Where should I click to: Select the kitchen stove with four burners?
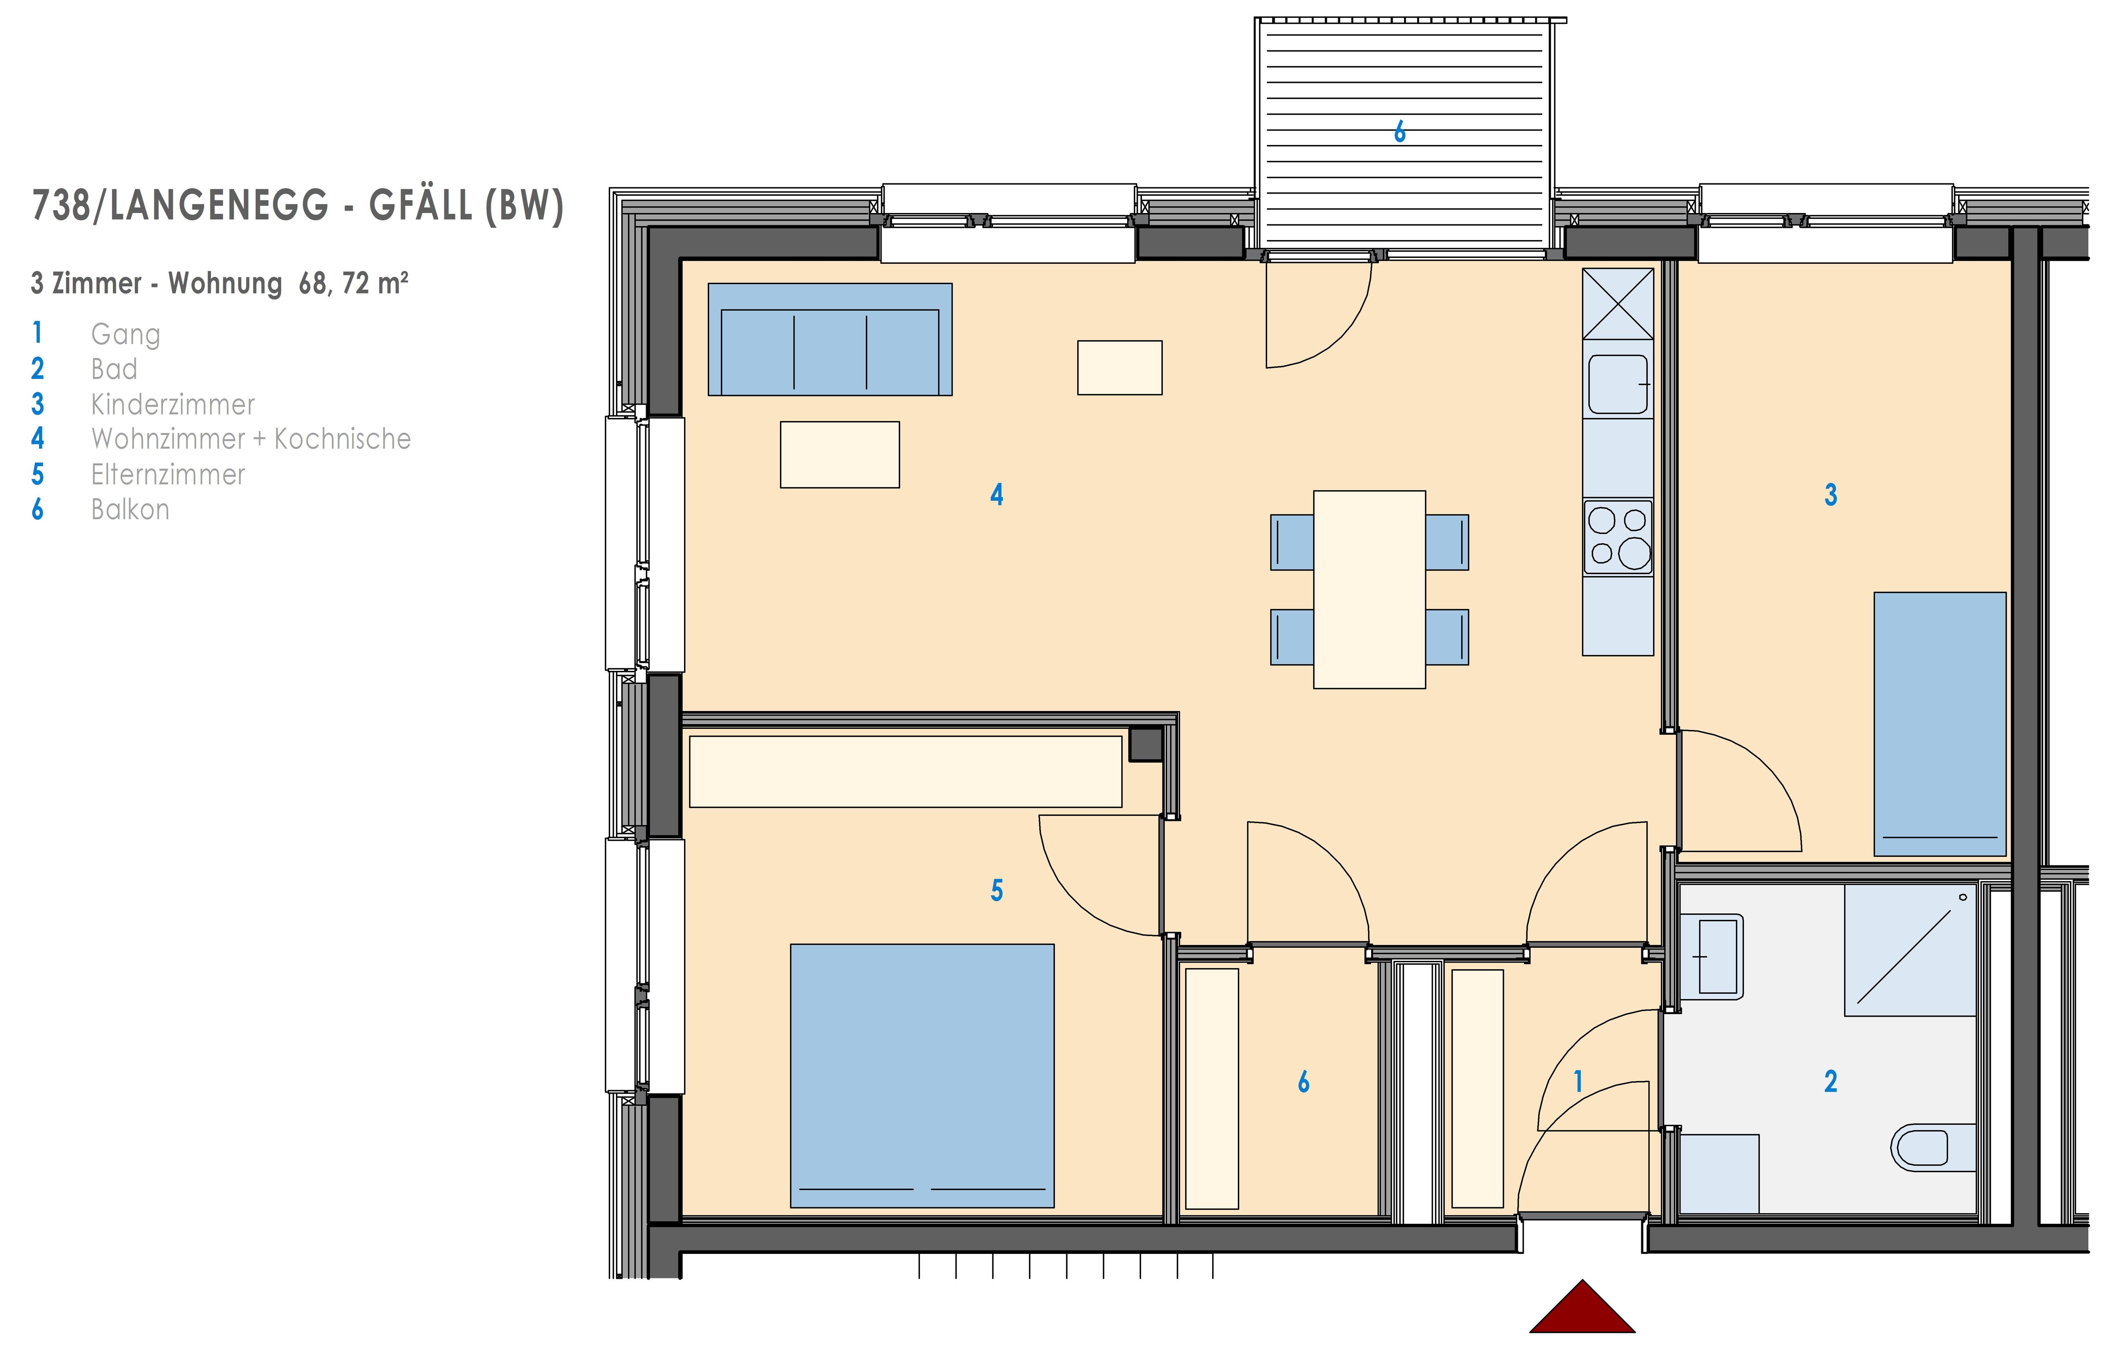[x=1618, y=537]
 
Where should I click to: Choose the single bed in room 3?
[x=1940, y=724]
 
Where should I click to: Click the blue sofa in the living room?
[x=830, y=339]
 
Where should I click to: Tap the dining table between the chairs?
[x=1369, y=589]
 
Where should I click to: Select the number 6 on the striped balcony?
[x=1400, y=132]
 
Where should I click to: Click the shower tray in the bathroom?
[x=1910, y=949]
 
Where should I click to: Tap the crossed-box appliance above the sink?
[x=1618, y=304]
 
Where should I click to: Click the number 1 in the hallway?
[x=1578, y=1081]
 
